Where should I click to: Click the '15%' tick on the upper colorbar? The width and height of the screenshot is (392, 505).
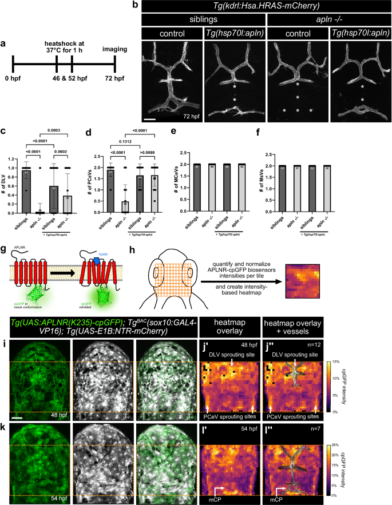(379, 346)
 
